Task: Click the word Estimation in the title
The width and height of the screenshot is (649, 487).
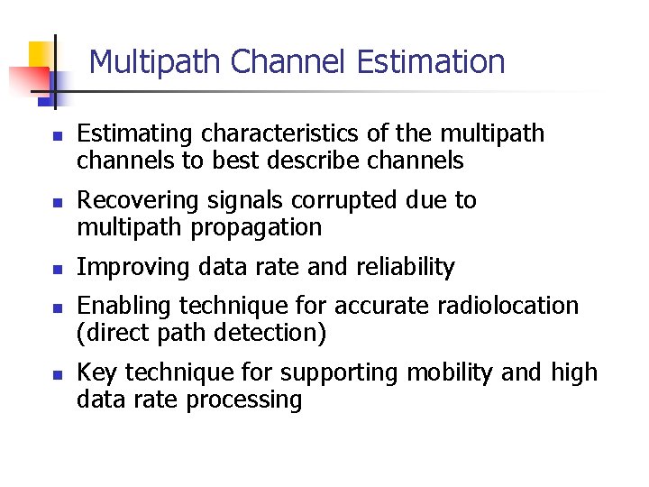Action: (431, 62)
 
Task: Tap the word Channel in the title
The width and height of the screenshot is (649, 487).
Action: (288, 62)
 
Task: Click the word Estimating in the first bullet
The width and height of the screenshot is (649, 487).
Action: (135, 134)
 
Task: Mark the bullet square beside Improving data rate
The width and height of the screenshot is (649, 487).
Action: (56, 269)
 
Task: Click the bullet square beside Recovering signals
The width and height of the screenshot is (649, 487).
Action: (56, 202)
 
